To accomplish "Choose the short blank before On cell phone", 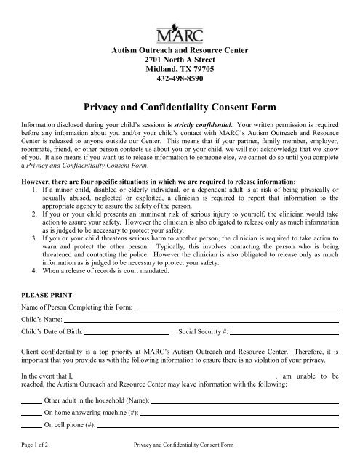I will coord(31,427).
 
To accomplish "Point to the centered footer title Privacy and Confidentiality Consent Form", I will coord(180,452).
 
